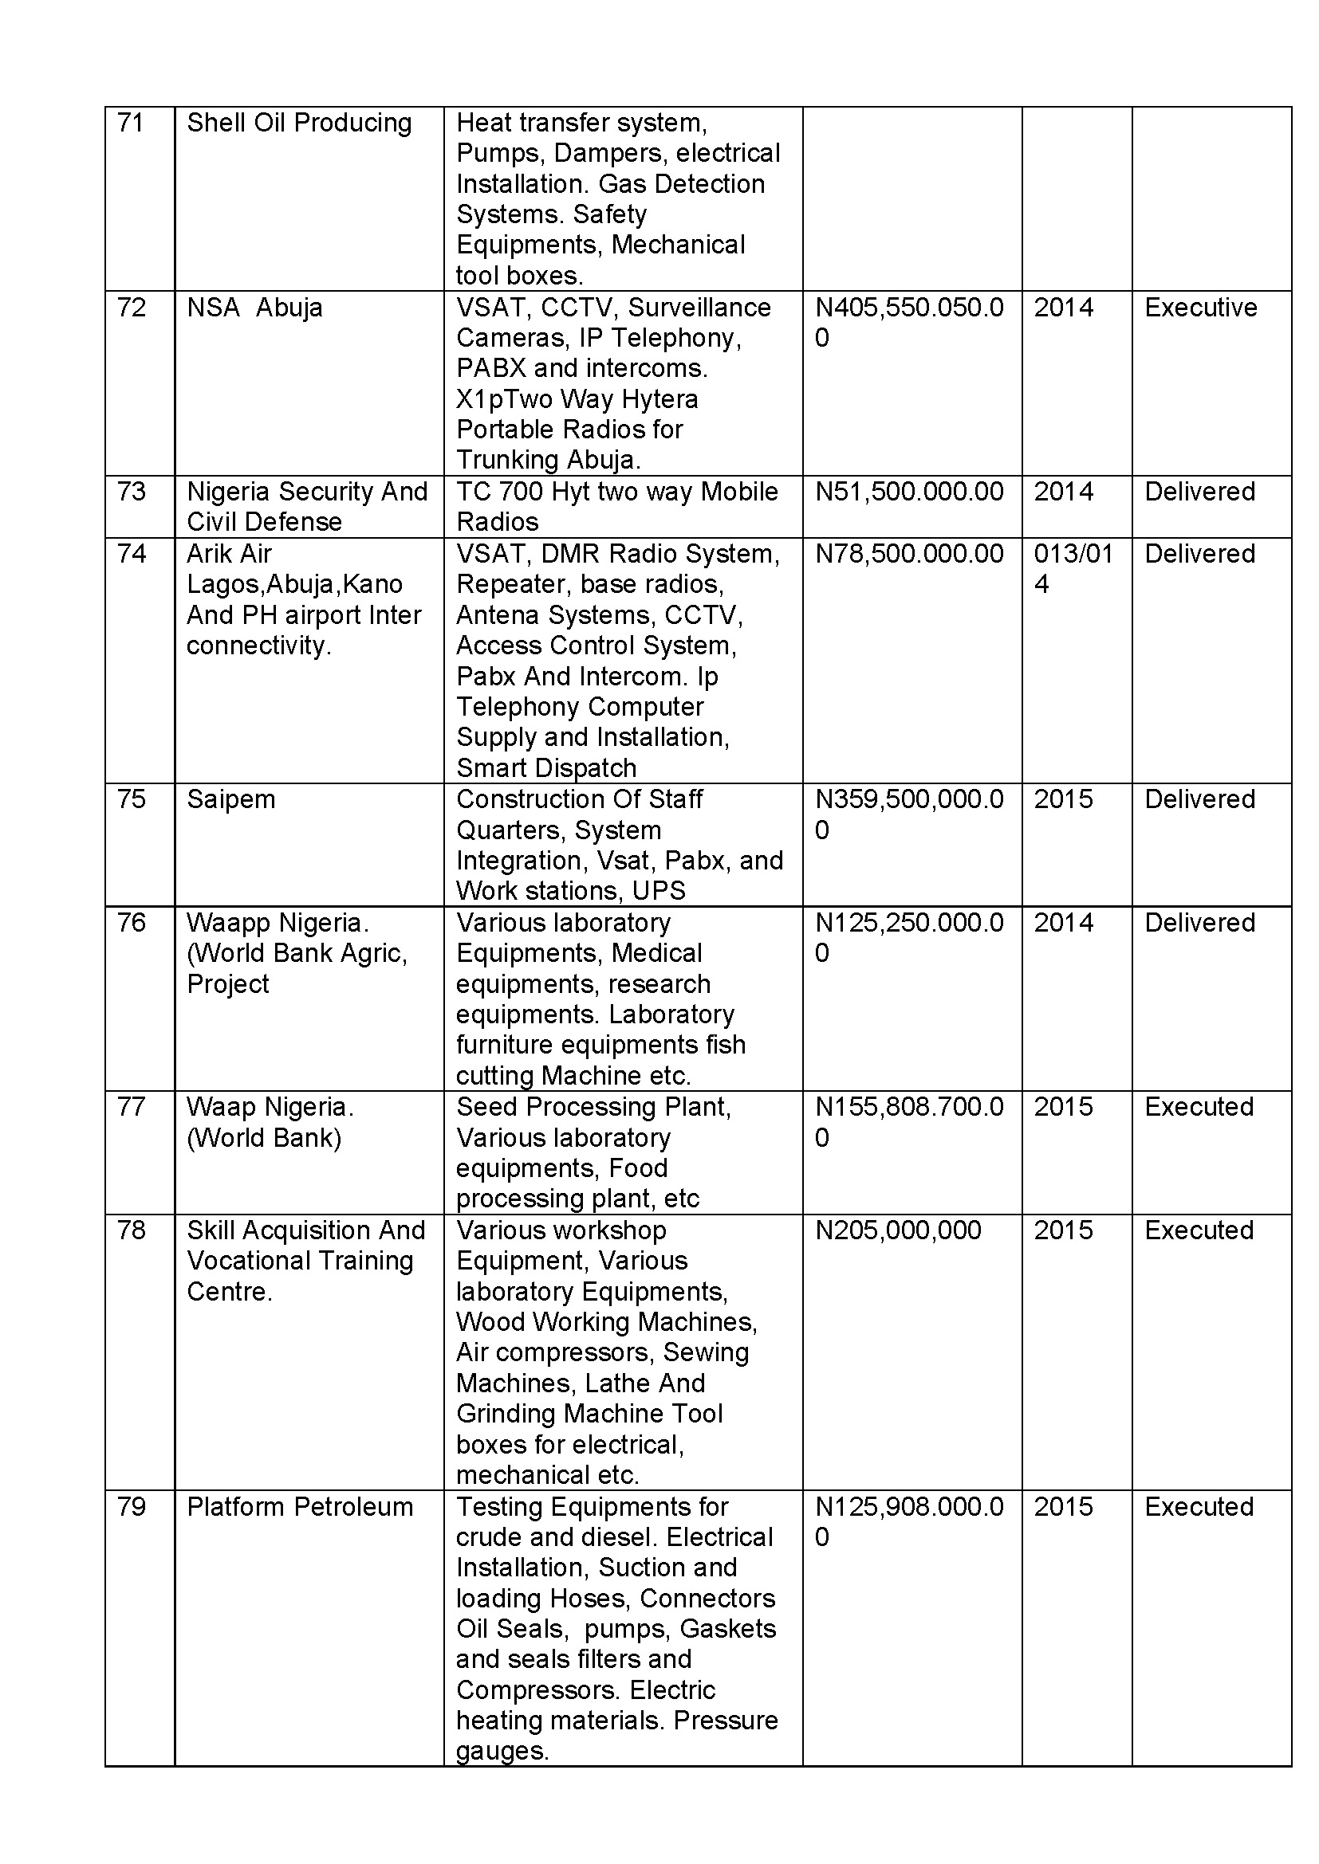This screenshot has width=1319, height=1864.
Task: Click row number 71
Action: point(130,123)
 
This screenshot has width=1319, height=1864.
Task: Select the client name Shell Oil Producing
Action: point(299,123)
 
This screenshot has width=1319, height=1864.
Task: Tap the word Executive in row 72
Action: point(1200,308)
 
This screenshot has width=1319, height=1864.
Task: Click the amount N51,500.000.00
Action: point(909,492)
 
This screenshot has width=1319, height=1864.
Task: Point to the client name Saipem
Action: point(231,799)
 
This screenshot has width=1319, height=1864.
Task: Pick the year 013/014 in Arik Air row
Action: point(1072,568)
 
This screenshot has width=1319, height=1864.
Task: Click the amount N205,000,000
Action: point(898,1230)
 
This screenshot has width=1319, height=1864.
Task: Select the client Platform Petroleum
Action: point(300,1507)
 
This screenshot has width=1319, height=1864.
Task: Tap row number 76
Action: point(131,923)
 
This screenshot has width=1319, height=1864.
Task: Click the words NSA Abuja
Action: point(254,308)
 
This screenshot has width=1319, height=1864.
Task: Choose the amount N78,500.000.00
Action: point(909,554)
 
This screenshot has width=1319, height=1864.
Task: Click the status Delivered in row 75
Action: point(1199,799)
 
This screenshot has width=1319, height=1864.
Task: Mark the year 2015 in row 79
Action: point(1063,1507)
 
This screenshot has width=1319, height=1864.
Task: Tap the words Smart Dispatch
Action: point(546,768)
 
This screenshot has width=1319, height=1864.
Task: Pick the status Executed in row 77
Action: point(1199,1108)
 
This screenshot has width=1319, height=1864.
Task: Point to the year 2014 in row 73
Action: point(1063,492)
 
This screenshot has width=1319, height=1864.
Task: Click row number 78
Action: point(131,1230)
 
